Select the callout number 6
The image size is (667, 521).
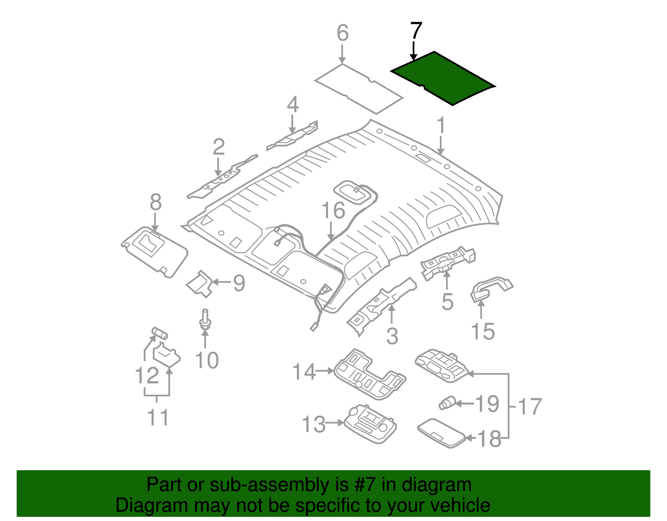342,33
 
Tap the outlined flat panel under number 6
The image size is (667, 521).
359,88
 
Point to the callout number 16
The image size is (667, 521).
333,210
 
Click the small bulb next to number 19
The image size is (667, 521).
446,403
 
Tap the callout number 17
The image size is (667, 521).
529,406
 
